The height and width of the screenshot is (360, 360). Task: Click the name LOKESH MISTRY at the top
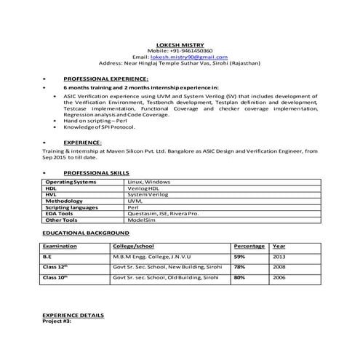point(180,43)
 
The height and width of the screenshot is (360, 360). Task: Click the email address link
point(189,57)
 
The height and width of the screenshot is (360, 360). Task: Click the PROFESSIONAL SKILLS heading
point(95,172)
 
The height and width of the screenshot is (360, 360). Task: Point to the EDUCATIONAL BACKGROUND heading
point(86,233)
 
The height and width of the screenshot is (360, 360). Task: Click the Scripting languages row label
point(72,207)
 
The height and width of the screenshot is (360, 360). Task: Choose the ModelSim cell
point(143,220)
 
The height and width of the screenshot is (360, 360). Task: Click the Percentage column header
point(249,247)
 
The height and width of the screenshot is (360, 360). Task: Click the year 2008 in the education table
point(279,267)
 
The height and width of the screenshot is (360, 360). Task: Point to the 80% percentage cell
point(239,277)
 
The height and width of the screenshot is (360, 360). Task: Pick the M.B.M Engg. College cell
point(156,257)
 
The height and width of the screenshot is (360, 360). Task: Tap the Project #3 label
point(57,321)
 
